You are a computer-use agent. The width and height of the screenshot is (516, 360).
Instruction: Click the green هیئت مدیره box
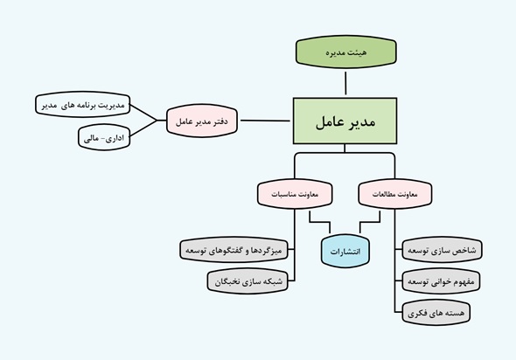pos(345,52)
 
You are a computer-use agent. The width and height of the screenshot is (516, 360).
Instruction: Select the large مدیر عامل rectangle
pos(345,121)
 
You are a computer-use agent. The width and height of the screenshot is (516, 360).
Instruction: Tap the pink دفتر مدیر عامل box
pos(202,121)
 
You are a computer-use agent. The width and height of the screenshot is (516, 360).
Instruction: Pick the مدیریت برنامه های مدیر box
pos(82,105)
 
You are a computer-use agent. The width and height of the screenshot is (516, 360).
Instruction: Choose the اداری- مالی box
pos(104,137)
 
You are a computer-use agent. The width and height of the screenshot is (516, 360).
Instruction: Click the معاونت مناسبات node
pos(295,194)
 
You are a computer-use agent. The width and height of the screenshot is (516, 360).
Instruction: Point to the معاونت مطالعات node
pos(395,194)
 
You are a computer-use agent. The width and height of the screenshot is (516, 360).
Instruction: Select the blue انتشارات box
pos(345,251)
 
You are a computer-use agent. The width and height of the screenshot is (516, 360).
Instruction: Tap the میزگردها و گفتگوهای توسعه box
pos(234,250)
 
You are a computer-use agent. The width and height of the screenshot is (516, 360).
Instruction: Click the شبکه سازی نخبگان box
pos(248,281)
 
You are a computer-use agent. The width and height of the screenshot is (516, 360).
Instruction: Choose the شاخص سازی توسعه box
pos(442,250)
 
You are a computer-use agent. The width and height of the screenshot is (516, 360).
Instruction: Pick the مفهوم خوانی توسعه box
pos(441,281)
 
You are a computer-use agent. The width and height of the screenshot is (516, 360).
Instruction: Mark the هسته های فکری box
pos(436,312)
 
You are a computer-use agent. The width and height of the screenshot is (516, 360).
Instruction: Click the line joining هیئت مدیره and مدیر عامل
pos(345,83)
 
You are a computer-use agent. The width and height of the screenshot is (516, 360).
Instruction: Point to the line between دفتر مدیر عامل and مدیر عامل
pos(265,121)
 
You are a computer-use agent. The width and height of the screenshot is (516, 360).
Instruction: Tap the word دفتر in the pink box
pos(220,121)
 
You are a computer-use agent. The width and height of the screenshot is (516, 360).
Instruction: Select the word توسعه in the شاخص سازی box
pos(418,251)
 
